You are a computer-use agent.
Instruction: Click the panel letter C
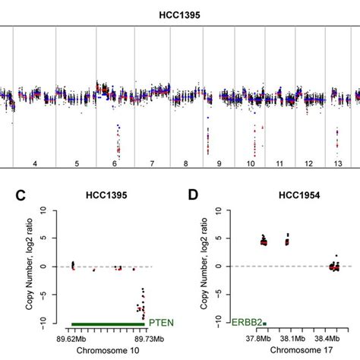point(22,195)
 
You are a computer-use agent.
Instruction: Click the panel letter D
point(195,195)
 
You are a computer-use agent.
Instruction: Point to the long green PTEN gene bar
point(107,324)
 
